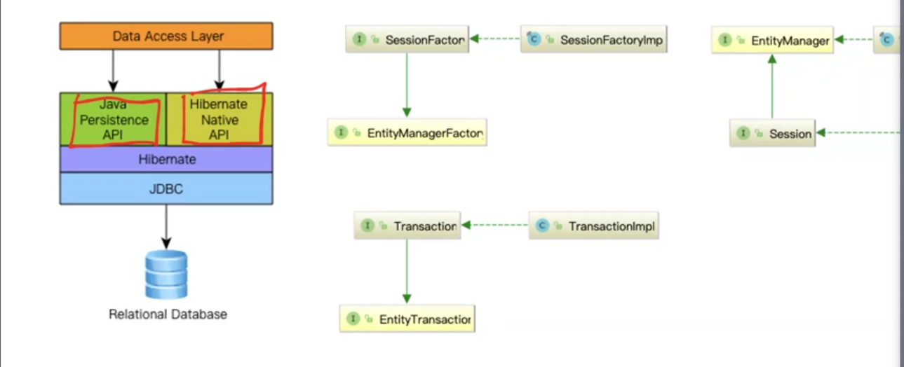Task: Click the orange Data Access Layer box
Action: (166, 36)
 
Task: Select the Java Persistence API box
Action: (113, 119)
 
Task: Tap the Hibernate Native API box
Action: (220, 119)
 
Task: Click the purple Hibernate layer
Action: (166, 159)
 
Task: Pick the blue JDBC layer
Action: (166, 188)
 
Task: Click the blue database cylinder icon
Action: (166, 275)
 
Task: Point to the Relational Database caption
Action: (168, 314)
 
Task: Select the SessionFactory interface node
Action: (407, 39)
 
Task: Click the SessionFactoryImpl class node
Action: (593, 39)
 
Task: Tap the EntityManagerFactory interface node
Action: (407, 132)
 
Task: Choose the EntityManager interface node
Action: (772, 40)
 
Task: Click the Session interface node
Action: (772, 133)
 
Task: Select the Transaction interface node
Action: (407, 226)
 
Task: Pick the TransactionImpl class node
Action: (593, 226)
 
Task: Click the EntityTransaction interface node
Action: (407, 319)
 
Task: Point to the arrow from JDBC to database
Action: (166, 227)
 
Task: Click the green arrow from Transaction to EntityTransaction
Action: (407, 272)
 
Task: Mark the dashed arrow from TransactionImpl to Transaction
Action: (494, 226)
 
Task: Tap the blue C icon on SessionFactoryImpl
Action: (534, 39)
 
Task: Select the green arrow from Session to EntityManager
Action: (772, 87)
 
